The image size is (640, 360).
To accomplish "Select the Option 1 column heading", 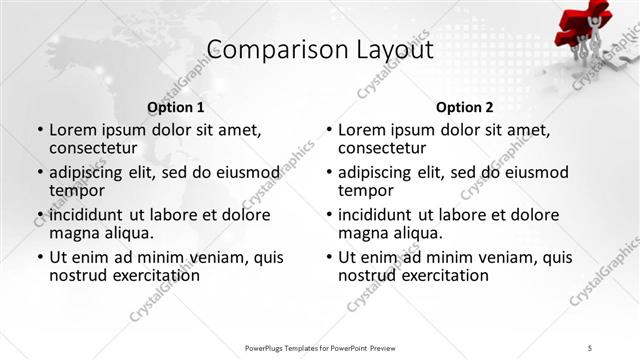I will [176, 106].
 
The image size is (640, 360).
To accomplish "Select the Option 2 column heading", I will [465, 106].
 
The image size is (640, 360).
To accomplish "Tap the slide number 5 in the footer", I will [591, 347].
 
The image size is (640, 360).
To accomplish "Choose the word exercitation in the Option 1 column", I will [157, 275].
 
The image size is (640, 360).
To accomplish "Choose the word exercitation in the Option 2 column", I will [446, 275].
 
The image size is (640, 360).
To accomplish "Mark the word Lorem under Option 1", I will [74, 130].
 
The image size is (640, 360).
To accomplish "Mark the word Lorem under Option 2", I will [363, 130].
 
